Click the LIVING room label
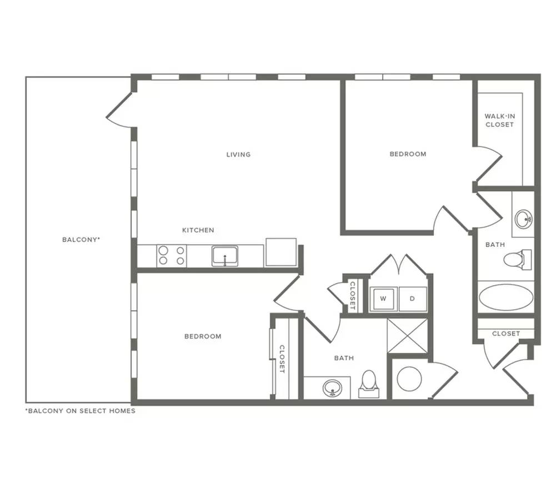click(238, 155)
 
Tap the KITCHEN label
click(198, 230)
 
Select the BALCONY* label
click(81, 240)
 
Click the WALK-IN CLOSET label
click(499, 120)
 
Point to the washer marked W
click(383, 299)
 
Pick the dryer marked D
click(413, 299)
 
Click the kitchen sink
click(225, 256)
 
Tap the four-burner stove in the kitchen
click(172, 256)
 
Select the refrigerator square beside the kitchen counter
click(281, 252)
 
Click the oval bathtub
click(506, 297)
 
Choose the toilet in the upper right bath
click(517, 259)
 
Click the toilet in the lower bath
click(369, 384)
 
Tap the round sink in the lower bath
click(332, 388)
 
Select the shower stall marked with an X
click(408, 336)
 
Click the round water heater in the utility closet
click(409, 379)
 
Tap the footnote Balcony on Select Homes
click(81, 411)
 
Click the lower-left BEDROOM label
click(203, 336)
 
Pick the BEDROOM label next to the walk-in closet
click(408, 154)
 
